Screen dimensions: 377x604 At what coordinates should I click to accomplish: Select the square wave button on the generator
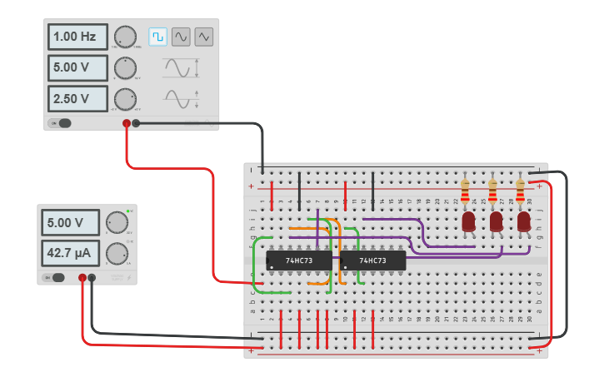tap(157, 37)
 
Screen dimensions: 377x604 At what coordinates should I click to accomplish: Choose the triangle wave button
tap(204, 37)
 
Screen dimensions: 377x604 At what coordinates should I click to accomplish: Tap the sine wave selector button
tap(181, 37)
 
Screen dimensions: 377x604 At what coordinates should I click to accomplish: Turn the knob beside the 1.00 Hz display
tap(124, 37)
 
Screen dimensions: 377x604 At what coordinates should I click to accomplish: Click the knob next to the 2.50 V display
tap(124, 99)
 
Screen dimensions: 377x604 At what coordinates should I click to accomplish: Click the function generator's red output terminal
tap(127, 123)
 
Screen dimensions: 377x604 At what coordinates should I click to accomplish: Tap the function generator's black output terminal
tap(137, 123)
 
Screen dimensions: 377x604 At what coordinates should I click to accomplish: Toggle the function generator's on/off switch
tap(62, 123)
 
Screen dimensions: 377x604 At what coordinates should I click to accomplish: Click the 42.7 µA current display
tap(70, 251)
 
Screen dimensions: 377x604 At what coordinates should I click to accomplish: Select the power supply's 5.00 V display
tap(70, 223)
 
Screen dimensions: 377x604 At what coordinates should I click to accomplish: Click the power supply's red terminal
tap(82, 278)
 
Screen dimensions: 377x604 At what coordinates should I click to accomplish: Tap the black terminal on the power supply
tap(92, 278)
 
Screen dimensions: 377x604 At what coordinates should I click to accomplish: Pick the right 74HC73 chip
tap(372, 260)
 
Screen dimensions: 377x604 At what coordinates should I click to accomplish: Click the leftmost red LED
tap(468, 221)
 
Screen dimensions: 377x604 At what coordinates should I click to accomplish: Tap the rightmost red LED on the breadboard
tap(523, 221)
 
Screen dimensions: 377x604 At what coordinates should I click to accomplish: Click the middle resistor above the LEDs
tap(492, 192)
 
